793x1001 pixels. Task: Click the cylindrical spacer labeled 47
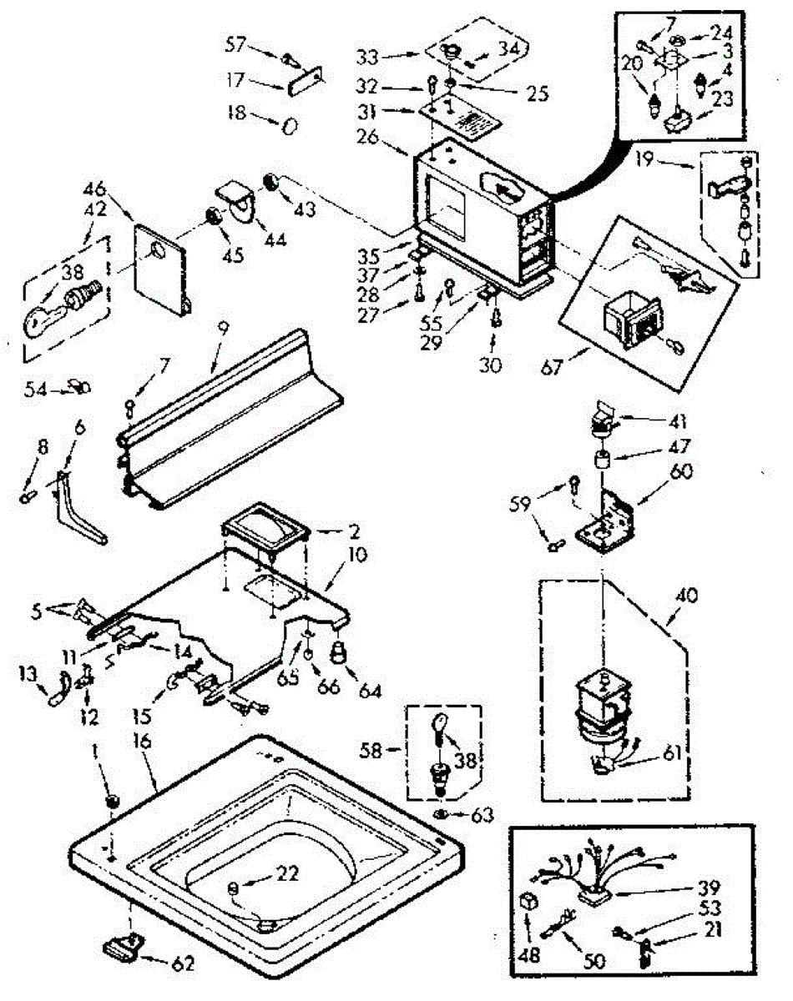click(599, 460)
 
